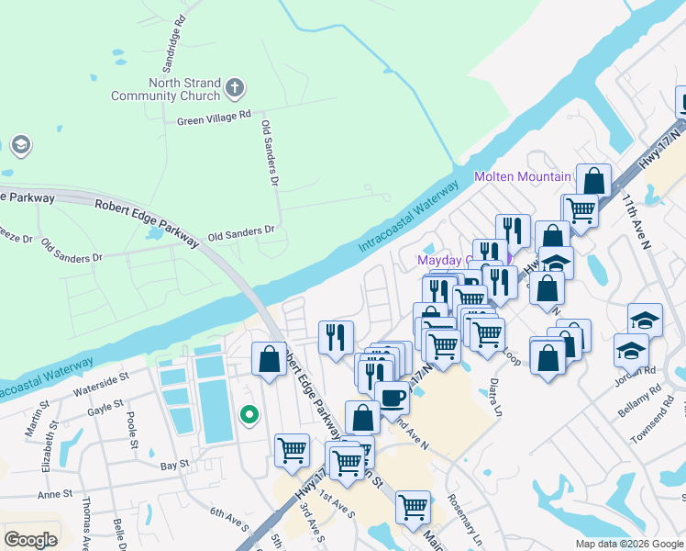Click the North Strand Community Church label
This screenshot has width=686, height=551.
coord(165,89)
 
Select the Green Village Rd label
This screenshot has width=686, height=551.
coord(214,118)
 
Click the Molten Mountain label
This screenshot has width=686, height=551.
coord(522,176)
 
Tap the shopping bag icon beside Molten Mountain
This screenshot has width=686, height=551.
coord(594,180)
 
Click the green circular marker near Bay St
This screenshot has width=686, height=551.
coord(248,415)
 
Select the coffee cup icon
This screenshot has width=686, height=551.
coord(393,398)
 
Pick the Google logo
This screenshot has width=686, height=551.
coord(30,539)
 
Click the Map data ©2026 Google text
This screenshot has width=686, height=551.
coord(627,544)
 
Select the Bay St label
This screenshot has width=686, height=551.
coord(174,465)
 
